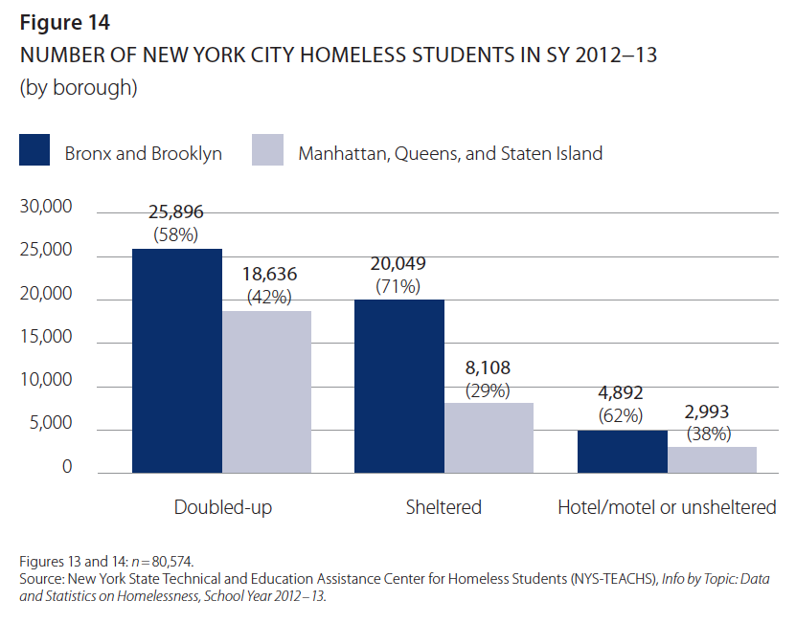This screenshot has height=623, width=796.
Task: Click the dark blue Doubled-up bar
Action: click(177, 361)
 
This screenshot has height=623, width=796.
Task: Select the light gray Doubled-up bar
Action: click(267, 391)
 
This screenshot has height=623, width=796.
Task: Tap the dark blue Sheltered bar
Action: click(399, 386)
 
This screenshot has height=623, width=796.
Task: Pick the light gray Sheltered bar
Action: click(489, 437)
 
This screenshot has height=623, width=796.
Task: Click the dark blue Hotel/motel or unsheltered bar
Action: click(623, 452)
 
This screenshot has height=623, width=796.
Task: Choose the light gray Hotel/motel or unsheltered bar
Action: click(712, 459)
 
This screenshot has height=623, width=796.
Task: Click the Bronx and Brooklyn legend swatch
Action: click(34, 151)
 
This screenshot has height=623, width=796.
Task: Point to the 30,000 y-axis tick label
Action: click(45, 208)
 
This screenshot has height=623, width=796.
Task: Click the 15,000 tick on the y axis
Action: click(45, 337)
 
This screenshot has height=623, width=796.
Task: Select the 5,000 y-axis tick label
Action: click(50, 424)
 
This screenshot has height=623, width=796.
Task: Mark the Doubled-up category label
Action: click(223, 507)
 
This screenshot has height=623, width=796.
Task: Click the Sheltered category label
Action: click(443, 507)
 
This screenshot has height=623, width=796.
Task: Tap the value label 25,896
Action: click(175, 212)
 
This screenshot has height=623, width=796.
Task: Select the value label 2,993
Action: click(709, 412)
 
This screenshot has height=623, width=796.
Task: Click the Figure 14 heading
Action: click(62, 22)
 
